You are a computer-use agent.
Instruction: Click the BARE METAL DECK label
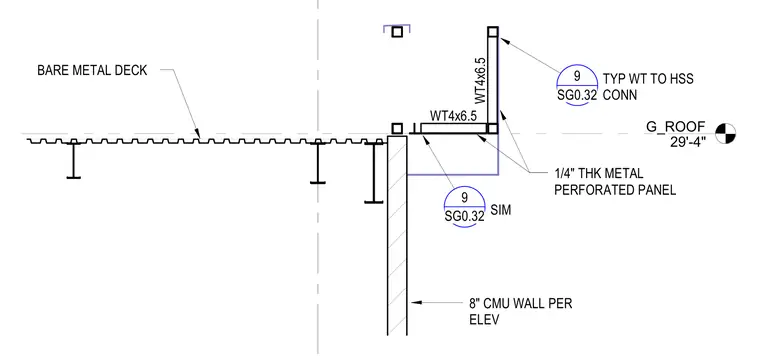coord(92,71)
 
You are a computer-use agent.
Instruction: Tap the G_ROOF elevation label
coord(675,127)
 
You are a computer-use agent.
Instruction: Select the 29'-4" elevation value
coord(688,141)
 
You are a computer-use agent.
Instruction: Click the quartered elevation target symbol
coord(726,133)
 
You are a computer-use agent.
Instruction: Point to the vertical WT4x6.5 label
coord(480,80)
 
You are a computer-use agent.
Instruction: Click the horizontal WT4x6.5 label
coord(454,116)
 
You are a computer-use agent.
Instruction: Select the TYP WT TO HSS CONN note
coord(648,87)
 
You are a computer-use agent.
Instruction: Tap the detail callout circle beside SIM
coord(464,206)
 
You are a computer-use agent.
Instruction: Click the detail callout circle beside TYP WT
coord(577,85)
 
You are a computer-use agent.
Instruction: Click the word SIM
coord(501,211)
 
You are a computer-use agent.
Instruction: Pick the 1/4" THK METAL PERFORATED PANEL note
coord(615,182)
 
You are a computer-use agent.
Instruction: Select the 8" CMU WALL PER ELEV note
coord(520,312)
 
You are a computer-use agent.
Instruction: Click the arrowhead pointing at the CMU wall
coord(414,302)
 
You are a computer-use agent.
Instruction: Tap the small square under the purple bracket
coord(397,32)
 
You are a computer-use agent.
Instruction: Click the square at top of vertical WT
coord(493,32)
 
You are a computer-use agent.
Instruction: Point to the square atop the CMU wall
coord(397,128)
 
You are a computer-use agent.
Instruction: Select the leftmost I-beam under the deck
coord(74,160)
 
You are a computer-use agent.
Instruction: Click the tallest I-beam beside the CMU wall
coord(374,172)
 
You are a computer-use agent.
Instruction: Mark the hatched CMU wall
coord(397,235)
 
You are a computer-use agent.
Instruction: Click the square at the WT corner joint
coord(492,128)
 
